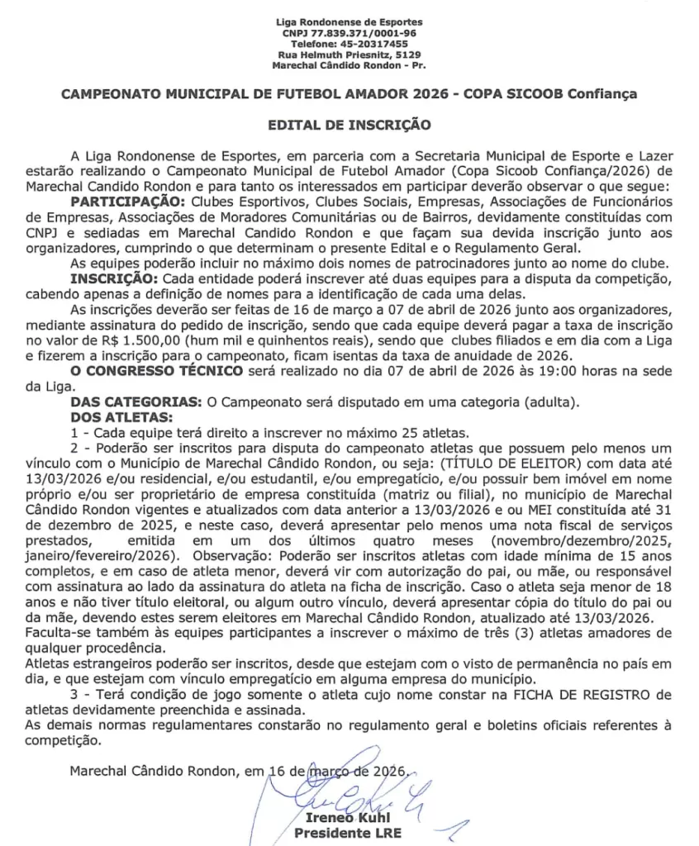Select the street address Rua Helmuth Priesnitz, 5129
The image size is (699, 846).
click(349, 55)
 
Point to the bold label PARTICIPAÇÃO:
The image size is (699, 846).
click(129, 201)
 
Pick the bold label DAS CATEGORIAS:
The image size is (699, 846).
click(135, 402)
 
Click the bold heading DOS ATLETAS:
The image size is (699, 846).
click(122, 417)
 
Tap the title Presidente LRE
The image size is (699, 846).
click(348, 833)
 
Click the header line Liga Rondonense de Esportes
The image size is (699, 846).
click(349, 21)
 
